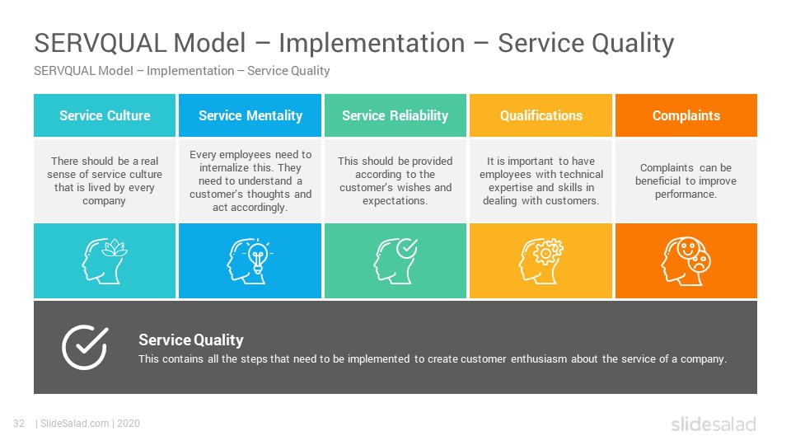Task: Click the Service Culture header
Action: [105, 115]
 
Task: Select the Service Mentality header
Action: [250, 115]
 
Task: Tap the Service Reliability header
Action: [395, 115]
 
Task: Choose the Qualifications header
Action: [541, 115]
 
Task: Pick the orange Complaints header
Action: [686, 115]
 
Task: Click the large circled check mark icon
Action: [84, 347]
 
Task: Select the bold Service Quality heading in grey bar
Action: [191, 340]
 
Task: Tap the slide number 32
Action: [19, 424]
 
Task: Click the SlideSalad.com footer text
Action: [75, 424]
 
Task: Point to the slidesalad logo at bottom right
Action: [714, 424]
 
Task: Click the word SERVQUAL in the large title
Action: [101, 43]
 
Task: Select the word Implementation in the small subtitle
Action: [190, 71]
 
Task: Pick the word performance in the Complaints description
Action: [686, 194]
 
